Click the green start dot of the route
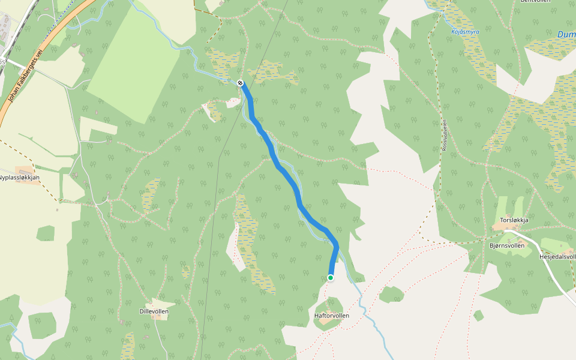click(331, 277)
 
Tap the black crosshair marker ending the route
click(240, 83)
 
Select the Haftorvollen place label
click(331, 316)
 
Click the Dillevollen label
click(154, 311)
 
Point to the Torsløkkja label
click(514, 220)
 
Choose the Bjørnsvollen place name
click(507, 245)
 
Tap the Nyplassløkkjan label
click(19, 178)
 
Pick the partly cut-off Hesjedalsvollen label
click(557, 257)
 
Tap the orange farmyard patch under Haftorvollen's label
click(327, 322)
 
